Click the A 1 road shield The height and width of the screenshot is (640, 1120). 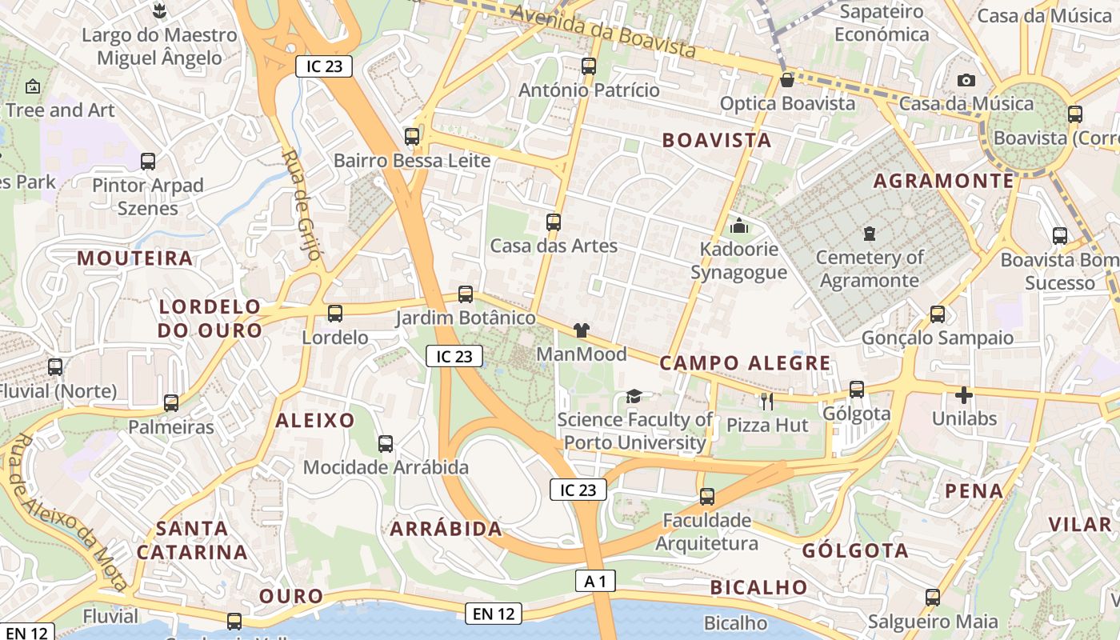tap(595, 581)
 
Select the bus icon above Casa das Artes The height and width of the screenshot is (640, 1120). tap(554, 222)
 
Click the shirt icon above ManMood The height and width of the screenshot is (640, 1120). tap(582, 330)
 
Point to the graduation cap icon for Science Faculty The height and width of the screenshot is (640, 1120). tap(634, 395)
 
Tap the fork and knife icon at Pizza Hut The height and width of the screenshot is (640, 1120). tap(767, 401)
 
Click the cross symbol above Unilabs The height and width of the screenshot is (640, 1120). tap(964, 395)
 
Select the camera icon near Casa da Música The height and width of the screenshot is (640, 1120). tap(966, 80)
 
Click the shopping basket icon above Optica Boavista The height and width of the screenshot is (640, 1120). tap(787, 80)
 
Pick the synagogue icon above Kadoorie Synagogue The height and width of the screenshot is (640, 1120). tap(739, 226)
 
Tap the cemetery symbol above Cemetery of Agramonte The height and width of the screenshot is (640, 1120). tap(869, 234)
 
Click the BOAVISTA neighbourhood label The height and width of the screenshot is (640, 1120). tap(717, 141)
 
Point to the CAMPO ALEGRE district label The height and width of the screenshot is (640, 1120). tap(745, 363)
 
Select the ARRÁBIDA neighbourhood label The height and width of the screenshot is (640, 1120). tap(446, 528)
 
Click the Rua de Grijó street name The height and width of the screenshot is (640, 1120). tap(302, 205)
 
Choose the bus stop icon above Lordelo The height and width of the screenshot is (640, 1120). tap(335, 314)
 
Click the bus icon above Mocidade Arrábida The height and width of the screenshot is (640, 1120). tap(386, 444)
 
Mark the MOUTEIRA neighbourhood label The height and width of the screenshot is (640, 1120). tap(135, 258)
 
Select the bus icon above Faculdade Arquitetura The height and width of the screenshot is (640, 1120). tap(707, 497)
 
